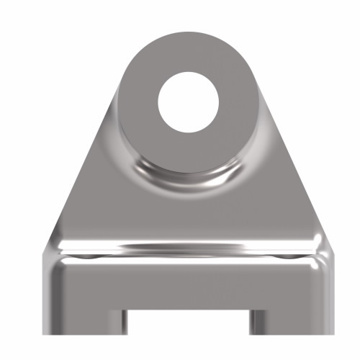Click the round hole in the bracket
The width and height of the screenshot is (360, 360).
(188, 101)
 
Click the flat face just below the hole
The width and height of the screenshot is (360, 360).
(188, 151)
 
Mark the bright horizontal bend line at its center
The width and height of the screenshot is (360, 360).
(187, 248)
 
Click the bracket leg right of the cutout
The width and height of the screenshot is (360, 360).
(292, 310)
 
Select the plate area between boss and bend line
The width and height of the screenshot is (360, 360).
(188, 212)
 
